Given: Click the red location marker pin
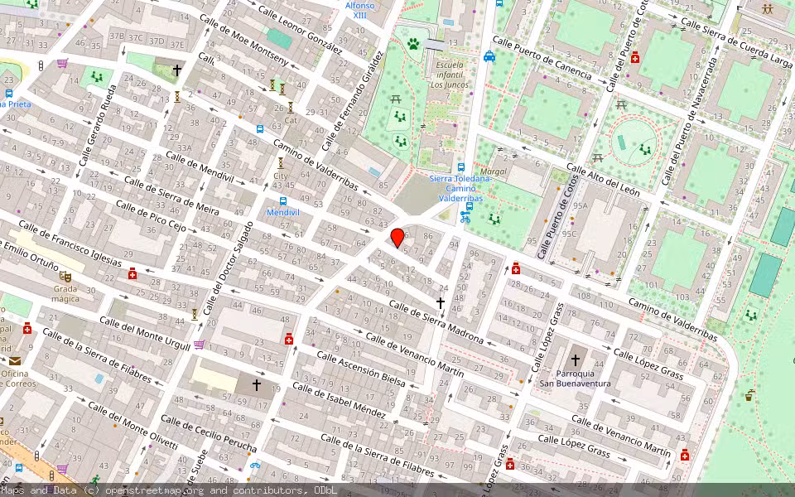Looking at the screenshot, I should coord(397,238).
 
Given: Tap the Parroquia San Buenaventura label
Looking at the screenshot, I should coord(575,378).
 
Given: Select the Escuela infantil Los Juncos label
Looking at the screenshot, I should coord(450,75).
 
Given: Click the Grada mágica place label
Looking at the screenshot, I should coord(65,294).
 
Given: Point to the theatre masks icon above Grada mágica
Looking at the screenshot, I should coord(65,276).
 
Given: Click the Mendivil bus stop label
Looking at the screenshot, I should coord(283,212).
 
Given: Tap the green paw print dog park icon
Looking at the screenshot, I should coord(413,43).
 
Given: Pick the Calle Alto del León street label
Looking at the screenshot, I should coord(604,179).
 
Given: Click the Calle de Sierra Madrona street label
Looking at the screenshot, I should coord(436,321).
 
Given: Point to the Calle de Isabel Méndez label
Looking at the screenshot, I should coord(339,400).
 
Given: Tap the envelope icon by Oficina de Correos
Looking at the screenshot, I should coord(15,360).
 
